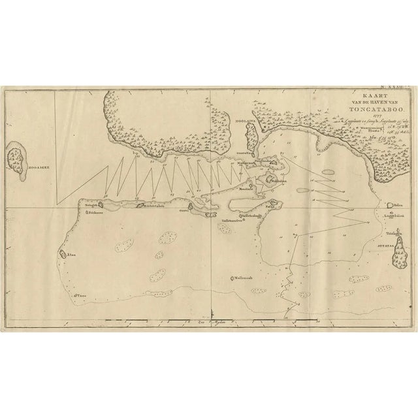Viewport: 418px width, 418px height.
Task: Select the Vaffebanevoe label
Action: [234, 220]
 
